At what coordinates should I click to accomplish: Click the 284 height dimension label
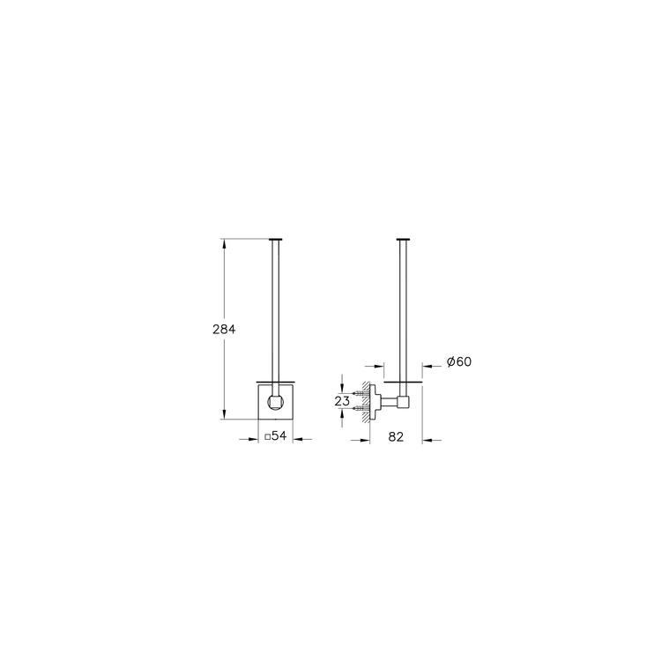pos(224,330)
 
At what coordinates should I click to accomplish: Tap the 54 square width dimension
pos(276,435)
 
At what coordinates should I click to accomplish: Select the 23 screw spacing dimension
pos(342,401)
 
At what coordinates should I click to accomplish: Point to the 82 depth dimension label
pos(396,437)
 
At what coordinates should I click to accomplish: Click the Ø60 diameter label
pos(459,361)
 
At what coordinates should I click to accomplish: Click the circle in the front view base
pos(275,402)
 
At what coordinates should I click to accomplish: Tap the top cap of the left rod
pos(276,239)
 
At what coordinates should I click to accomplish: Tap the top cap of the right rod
pos(403,239)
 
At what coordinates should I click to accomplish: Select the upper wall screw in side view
pos(360,393)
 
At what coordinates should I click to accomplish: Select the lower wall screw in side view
pos(360,408)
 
